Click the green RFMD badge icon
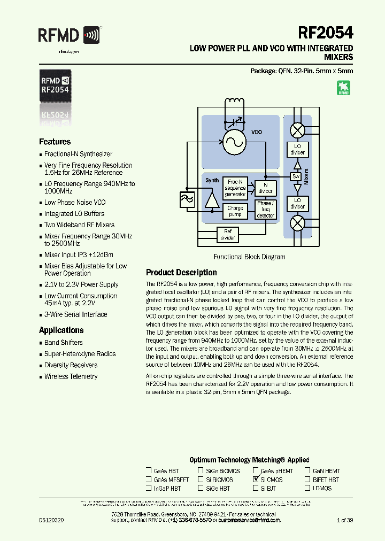(343, 88)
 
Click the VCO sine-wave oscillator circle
(233, 141)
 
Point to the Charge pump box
(235, 211)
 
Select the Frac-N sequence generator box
(235, 188)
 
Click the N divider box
(265, 188)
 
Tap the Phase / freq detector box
(265, 210)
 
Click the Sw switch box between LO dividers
(296, 176)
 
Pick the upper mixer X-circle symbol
(297, 130)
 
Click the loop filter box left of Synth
(187, 199)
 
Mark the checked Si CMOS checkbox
(256, 480)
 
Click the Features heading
(55, 142)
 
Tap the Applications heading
(61, 330)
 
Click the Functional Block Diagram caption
(249, 257)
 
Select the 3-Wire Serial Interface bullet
(75, 314)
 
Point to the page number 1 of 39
(345, 520)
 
